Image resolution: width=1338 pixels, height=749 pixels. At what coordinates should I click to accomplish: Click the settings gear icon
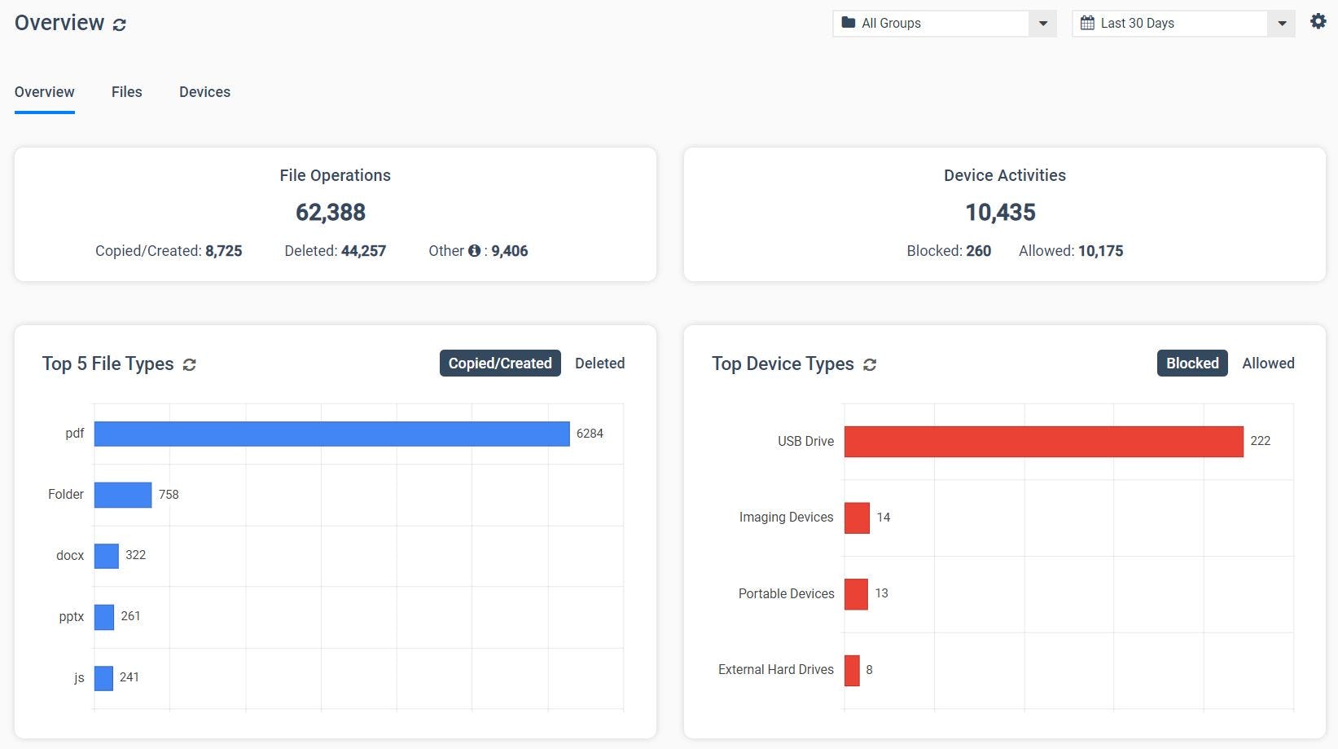pos(1318,22)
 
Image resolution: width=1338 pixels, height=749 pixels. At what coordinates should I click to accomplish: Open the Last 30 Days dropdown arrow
pos(1281,24)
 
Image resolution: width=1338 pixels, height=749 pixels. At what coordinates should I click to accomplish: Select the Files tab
pos(126,92)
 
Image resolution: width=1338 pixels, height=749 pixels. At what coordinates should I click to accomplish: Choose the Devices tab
pos(204,92)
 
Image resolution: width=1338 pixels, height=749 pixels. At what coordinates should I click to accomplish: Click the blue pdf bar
pos(331,434)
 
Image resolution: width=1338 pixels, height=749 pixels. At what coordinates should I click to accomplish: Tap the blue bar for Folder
pos(122,495)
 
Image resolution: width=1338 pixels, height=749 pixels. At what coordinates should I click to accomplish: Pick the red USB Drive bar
pos(1043,441)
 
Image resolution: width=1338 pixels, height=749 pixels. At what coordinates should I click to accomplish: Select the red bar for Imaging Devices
pos(857,518)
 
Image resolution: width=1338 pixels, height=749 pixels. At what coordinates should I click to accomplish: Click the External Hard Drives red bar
pos(852,670)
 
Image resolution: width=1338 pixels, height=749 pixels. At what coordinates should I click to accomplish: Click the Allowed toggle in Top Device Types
pos(1267,363)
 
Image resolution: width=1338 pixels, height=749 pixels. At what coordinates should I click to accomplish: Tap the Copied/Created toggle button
pos(500,363)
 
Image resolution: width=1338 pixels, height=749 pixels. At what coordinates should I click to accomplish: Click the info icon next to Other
pos(474,251)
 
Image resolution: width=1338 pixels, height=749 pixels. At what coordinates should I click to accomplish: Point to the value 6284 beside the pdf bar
pos(590,434)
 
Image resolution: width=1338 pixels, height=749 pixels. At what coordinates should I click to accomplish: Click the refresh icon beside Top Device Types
pos(870,364)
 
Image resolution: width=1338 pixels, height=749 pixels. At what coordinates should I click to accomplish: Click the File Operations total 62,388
pos(331,213)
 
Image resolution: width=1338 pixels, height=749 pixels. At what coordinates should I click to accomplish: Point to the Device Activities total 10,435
pos(1000,213)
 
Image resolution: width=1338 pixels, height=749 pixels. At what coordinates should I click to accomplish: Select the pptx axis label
pos(72,616)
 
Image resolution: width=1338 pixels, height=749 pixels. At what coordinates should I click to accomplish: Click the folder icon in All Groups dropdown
pos(849,23)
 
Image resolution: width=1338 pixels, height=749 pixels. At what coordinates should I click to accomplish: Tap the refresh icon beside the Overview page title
pos(120,24)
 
